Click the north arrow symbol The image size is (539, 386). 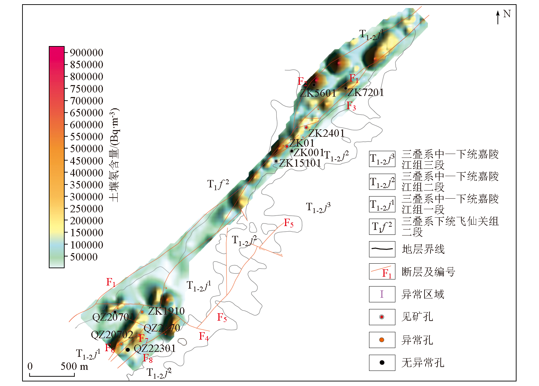(498, 17)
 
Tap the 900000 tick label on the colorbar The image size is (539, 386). (86, 53)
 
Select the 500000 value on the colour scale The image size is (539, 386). (86, 149)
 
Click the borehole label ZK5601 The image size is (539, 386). (318, 93)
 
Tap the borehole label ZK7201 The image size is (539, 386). (366, 92)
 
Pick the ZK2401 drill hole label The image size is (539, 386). (326, 133)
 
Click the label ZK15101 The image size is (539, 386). (300, 163)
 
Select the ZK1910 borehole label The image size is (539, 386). (166, 311)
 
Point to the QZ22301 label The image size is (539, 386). (155, 348)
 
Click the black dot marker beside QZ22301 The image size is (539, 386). (128, 349)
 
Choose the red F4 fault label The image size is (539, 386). (204, 336)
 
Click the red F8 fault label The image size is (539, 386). (148, 358)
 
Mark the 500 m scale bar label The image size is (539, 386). (74, 366)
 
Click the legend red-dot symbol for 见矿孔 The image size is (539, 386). (382, 317)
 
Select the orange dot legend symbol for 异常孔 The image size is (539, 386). (382, 340)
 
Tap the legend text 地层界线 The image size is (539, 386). (423, 249)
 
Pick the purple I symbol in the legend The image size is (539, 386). (382, 294)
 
